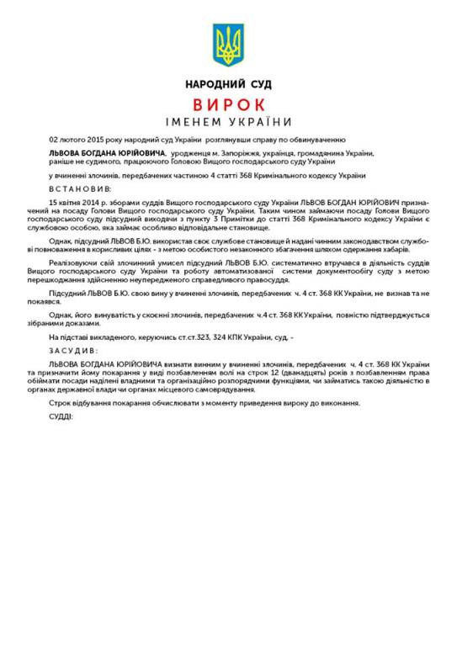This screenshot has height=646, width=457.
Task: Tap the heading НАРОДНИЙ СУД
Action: [228, 85]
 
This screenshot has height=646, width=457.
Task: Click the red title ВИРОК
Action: [228, 104]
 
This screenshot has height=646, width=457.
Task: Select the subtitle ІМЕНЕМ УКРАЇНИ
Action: [228, 122]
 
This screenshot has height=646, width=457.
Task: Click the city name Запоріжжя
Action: [222, 155]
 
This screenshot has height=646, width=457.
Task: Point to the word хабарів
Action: [392, 251]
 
